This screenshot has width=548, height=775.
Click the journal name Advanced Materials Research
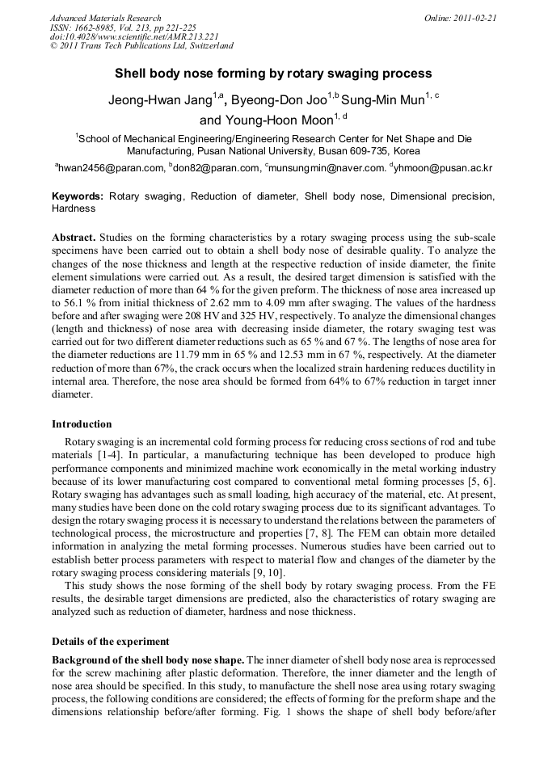[x=105, y=18]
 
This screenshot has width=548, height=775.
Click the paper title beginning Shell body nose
[x=273, y=74]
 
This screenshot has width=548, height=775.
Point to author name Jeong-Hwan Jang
[x=159, y=101]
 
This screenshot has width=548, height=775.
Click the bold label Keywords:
[x=78, y=196]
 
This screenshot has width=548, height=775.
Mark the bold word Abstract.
[x=74, y=238]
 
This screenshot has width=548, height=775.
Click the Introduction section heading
[x=82, y=424]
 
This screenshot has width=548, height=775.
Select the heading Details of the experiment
[x=111, y=641]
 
